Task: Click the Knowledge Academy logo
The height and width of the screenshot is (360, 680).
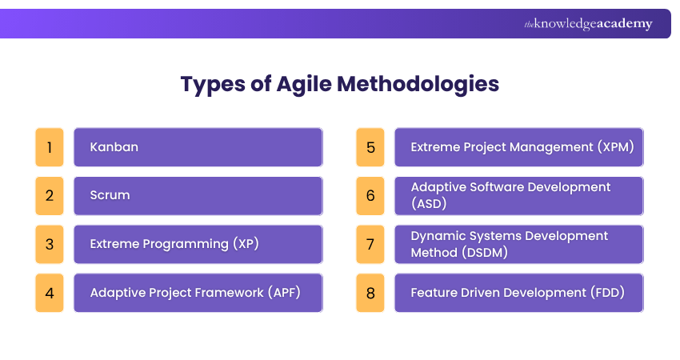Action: [x=588, y=24]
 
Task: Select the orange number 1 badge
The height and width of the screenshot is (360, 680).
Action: [x=50, y=147]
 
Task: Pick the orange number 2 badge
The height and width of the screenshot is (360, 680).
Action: [x=50, y=196]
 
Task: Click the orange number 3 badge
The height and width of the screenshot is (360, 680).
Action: [x=50, y=244]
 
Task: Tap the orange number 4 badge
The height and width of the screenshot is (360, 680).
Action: [x=50, y=293]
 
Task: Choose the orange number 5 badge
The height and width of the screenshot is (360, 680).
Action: [x=370, y=147]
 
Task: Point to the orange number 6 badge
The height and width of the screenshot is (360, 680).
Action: [x=370, y=196]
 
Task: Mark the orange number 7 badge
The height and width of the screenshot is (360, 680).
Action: [x=370, y=244]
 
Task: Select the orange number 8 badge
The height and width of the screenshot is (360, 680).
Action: [x=370, y=293]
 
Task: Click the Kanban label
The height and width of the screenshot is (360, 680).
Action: [x=114, y=147]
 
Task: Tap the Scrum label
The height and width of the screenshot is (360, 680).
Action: [x=110, y=196]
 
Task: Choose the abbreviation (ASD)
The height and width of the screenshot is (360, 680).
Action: [x=428, y=204]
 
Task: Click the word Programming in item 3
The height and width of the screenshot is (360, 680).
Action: [x=185, y=244]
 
